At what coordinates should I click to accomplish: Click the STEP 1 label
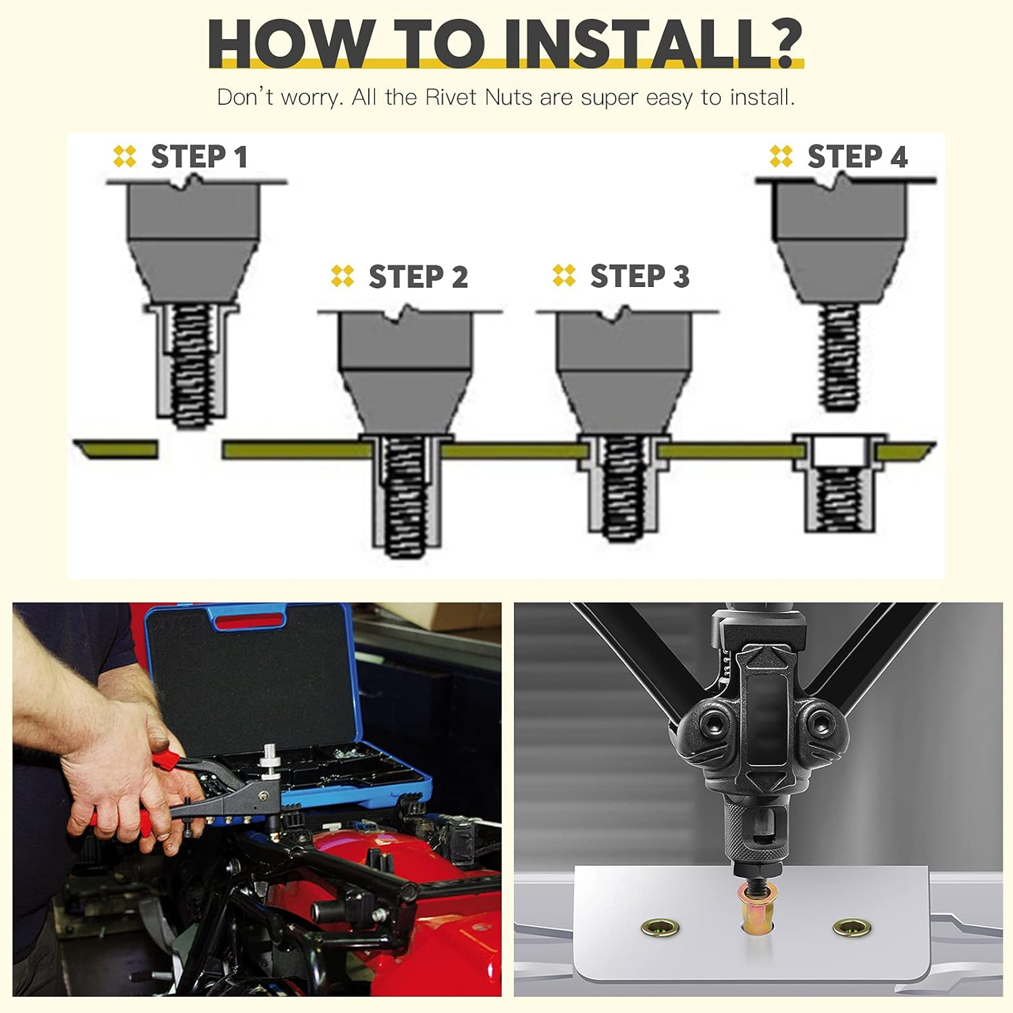click(x=199, y=157)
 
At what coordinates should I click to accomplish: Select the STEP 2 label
click(x=418, y=277)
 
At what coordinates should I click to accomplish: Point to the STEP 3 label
click(x=640, y=276)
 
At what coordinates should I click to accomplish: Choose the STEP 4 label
click(x=857, y=157)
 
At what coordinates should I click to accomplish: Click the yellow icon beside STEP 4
click(x=781, y=156)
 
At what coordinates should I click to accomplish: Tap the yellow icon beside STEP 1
click(x=125, y=156)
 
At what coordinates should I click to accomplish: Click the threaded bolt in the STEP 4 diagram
click(x=839, y=357)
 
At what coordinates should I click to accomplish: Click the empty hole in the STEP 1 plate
click(x=190, y=450)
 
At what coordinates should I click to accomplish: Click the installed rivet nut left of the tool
click(x=660, y=929)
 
